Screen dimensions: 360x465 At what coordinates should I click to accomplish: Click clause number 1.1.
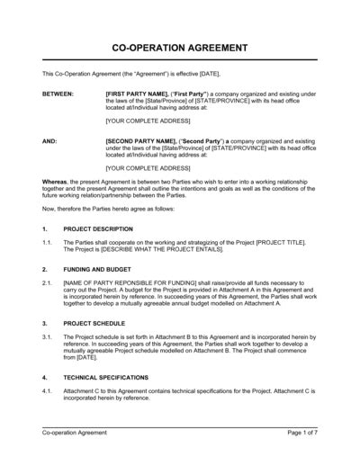click(48, 243)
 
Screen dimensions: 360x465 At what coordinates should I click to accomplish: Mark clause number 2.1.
click(48, 282)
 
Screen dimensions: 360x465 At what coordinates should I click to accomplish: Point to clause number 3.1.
click(48, 335)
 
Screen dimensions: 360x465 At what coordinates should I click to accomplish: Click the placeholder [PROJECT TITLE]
click(280, 243)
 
